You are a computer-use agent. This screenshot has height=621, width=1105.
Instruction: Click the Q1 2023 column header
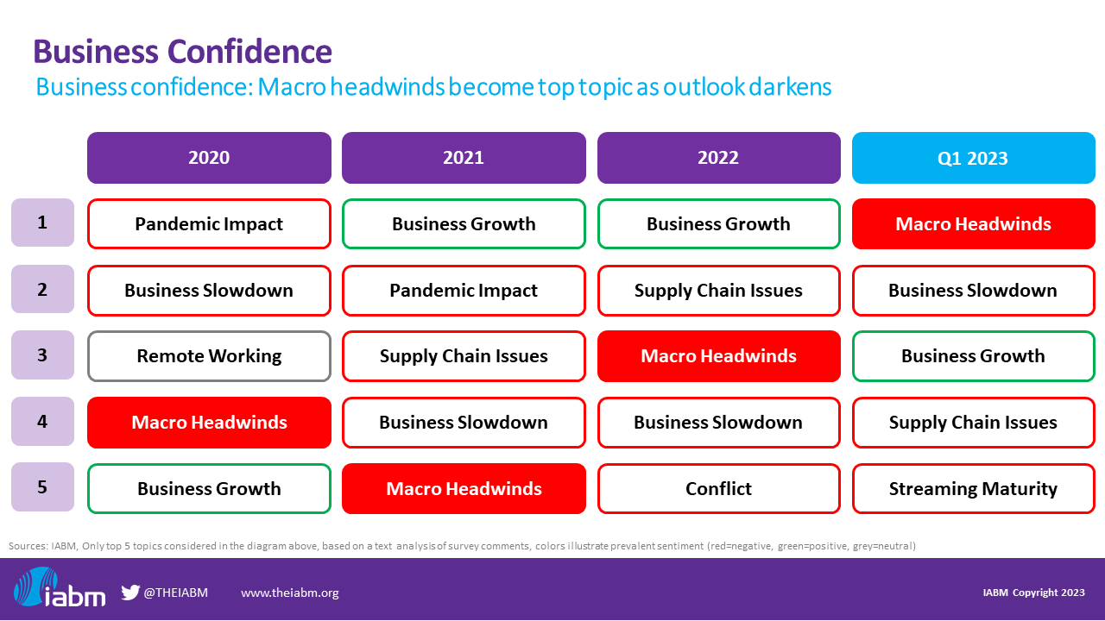pyautogui.click(x=973, y=158)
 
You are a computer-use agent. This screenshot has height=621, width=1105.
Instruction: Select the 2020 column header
pyautogui.click(x=209, y=158)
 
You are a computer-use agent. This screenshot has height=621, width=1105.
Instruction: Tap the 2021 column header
pyautogui.click(x=464, y=158)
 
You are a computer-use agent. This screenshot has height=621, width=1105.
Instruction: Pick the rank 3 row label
pyautogui.click(x=42, y=355)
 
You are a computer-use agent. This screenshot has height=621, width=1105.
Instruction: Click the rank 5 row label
pyautogui.click(x=42, y=487)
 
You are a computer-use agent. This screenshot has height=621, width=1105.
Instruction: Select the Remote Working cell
pyautogui.click(x=209, y=356)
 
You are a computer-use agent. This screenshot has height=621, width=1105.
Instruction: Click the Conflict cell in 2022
pyautogui.click(x=718, y=489)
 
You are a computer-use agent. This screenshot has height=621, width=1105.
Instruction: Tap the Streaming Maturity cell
pyautogui.click(x=973, y=489)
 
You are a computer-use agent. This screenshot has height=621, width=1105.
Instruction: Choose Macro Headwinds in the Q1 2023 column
pyautogui.click(x=973, y=224)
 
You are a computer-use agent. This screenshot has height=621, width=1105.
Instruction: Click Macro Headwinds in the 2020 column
pyautogui.click(x=209, y=423)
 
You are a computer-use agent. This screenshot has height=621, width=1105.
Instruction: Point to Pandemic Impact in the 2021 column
pyautogui.click(x=464, y=291)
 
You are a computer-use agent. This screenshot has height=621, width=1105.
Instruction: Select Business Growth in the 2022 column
pyautogui.click(x=718, y=224)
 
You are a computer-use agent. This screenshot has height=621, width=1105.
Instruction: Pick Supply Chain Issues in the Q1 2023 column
pyautogui.click(x=973, y=423)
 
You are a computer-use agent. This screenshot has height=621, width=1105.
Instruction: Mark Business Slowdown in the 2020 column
pyautogui.click(x=209, y=291)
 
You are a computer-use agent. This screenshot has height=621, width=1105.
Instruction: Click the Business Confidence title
pyautogui.click(x=182, y=52)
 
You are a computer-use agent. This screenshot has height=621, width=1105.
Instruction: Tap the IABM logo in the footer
pyautogui.click(x=60, y=589)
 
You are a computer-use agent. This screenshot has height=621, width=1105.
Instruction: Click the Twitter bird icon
pyautogui.click(x=130, y=593)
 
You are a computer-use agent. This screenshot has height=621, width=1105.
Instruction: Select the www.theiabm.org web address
pyautogui.click(x=289, y=593)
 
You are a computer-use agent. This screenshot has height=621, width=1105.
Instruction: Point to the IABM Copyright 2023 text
pyautogui.click(x=1033, y=593)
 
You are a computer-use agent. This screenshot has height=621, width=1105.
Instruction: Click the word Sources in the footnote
pyautogui.click(x=27, y=546)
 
